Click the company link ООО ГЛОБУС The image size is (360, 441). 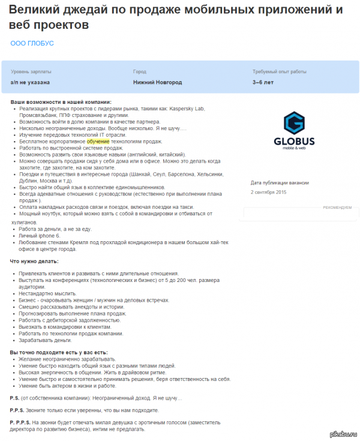point(32,43)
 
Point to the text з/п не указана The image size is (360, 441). point(30,82)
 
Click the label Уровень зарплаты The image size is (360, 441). point(28,71)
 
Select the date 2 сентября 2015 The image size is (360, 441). point(269,192)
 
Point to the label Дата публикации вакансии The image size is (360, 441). point(280,182)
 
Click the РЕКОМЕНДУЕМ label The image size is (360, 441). point(337,207)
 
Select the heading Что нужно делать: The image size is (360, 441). point(34,261)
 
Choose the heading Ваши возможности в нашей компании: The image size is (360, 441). point(61,102)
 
